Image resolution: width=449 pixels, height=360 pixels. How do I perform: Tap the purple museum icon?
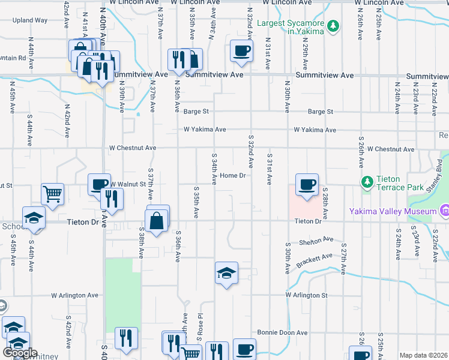tap(444, 211)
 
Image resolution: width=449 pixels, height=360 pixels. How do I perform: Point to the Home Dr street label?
tap(234, 175)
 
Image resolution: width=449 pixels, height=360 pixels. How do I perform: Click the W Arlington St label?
tap(307, 295)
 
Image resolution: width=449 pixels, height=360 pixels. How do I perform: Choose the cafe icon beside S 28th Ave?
tap(307, 184)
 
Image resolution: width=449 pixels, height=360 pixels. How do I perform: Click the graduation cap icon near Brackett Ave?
tap(226, 273)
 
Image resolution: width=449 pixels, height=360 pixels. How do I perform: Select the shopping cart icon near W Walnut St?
tap(53, 194)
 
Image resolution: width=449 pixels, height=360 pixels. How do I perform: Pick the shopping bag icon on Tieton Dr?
tap(157, 220)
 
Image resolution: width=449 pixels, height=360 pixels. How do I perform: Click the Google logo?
tap(20, 353)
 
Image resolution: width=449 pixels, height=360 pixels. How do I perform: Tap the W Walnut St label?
tap(127, 184)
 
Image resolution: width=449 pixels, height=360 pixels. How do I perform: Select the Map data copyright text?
tap(424, 356)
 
